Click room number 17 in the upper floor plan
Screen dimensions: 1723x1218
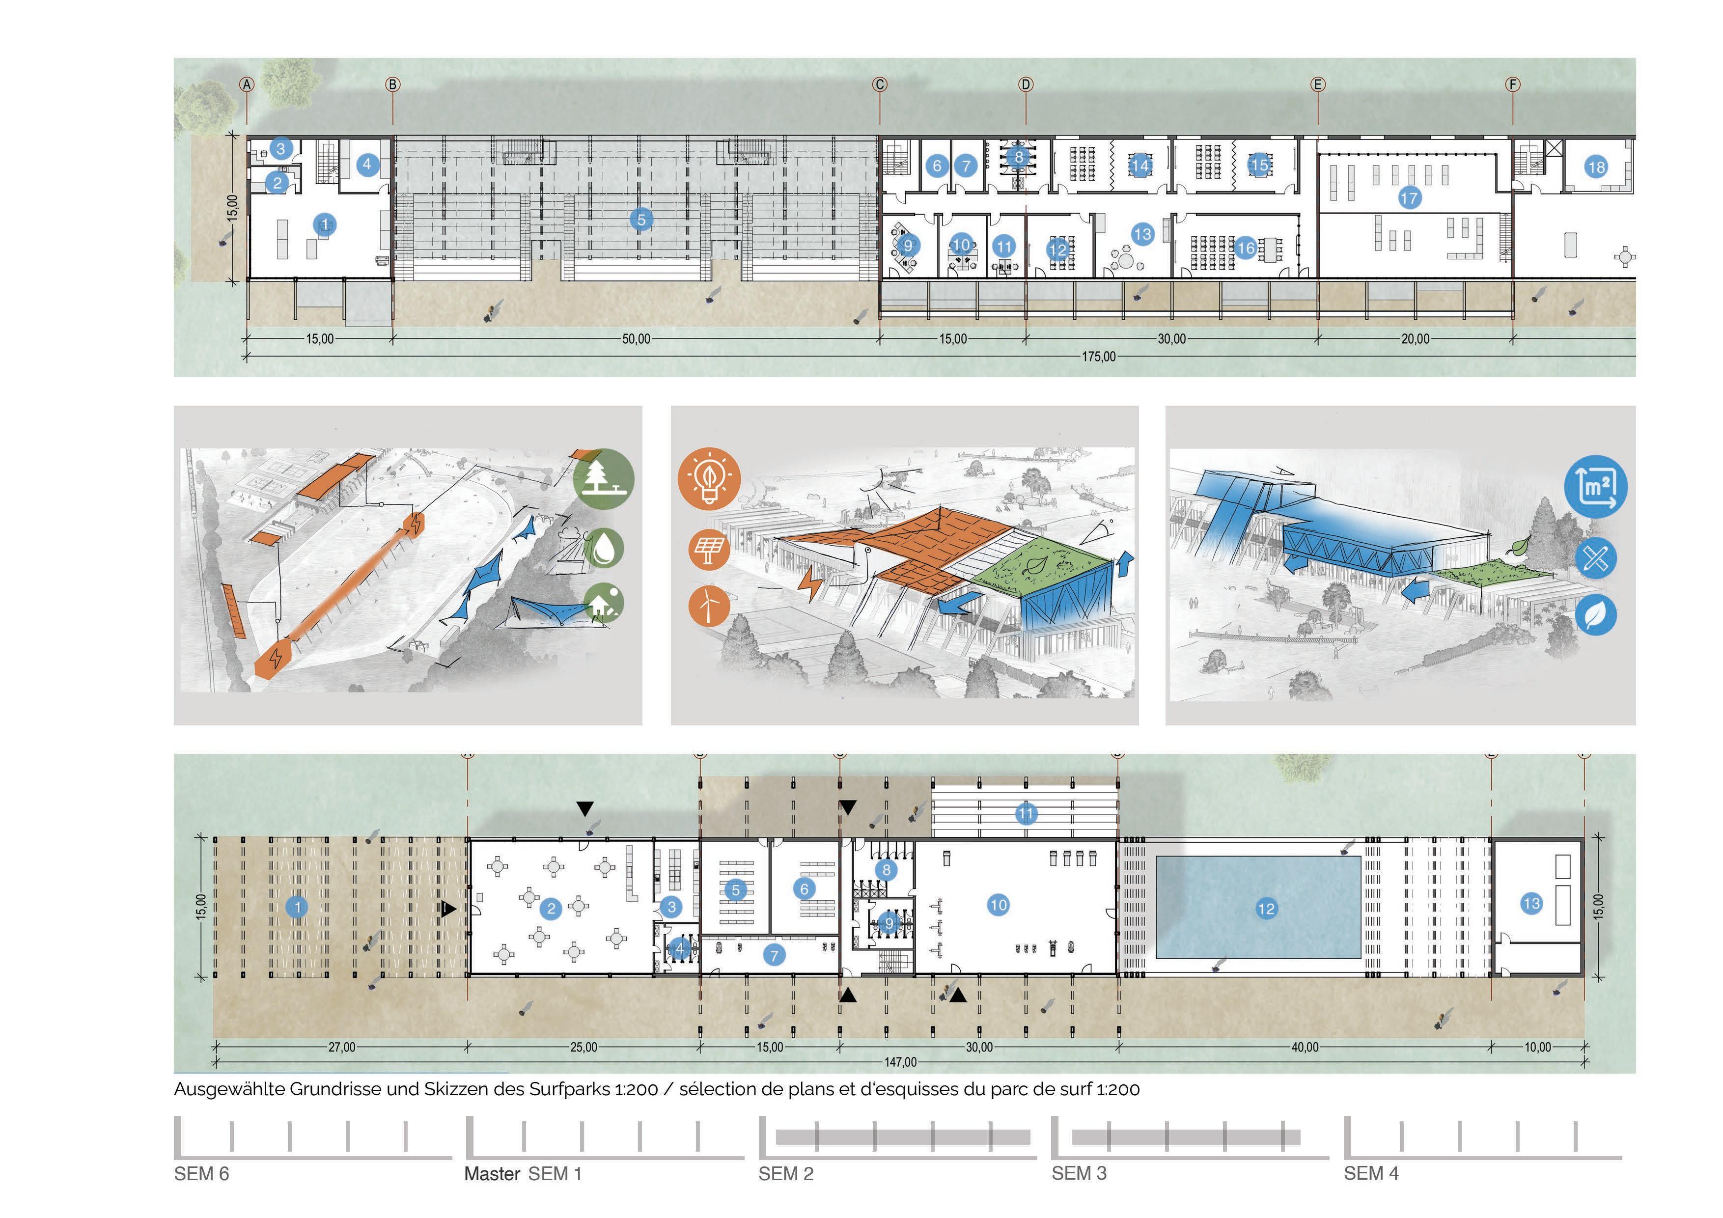coord(1409,198)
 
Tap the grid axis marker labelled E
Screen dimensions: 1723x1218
coord(1318,85)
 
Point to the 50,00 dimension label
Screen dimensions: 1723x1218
coord(636,339)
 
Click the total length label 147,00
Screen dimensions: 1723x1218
coord(900,1062)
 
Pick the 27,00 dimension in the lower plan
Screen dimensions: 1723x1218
coord(341,1047)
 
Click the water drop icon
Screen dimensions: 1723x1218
coord(603,548)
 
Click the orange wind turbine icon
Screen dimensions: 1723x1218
coord(708,605)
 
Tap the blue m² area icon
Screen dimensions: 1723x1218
coord(1595,487)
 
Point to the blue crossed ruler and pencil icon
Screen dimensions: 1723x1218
coord(1595,558)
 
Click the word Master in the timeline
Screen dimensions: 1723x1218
coord(492,1174)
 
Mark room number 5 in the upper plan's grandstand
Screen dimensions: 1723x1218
coord(641,219)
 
